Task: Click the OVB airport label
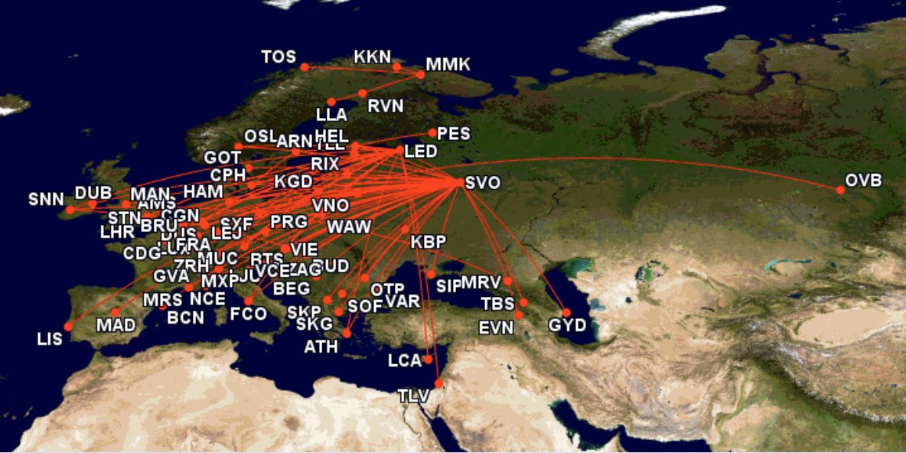[863, 181]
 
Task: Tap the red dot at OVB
[840, 190]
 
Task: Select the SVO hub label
[482, 183]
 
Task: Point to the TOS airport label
[278, 57]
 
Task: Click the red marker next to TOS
[304, 67]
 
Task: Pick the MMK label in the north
[448, 65]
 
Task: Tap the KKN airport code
[373, 57]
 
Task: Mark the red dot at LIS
[68, 327]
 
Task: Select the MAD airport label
[116, 325]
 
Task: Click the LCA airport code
[405, 360]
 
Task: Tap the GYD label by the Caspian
[567, 326]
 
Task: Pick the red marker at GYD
[566, 312]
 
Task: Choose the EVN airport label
[497, 328]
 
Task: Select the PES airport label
[453, 133]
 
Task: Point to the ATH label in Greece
[321, 347]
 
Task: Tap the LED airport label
[421, 152]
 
